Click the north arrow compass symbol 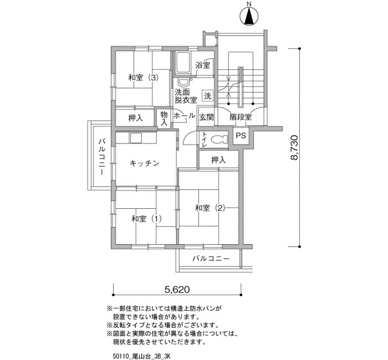point(249,16)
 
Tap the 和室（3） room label point(143,78)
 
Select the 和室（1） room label point(147,219)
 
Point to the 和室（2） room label point(210,208)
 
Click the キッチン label point(144,163)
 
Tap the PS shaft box point(241,136)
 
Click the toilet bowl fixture point(219,140)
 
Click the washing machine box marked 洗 point(207,95)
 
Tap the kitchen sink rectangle point(136,138)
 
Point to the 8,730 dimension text point(295,148)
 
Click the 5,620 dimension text point(177,289)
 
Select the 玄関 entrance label point(206,117)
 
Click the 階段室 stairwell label point(241,117)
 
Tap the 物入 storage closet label point(164,118)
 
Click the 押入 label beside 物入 point(136,118)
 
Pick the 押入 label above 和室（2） point(218,160)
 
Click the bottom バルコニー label point(211,259)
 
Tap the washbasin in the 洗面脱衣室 point(183,83)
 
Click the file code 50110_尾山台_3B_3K point(141,356)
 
